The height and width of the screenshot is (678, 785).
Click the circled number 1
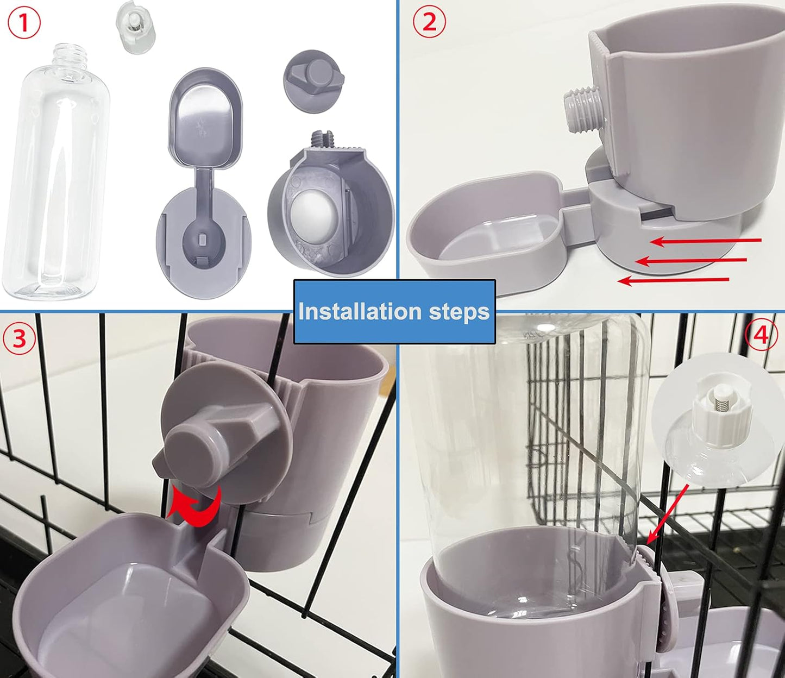[x=24, y=24]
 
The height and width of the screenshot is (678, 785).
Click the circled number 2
[x=429, y=22]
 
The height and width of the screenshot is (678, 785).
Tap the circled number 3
[x=20, y=338]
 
